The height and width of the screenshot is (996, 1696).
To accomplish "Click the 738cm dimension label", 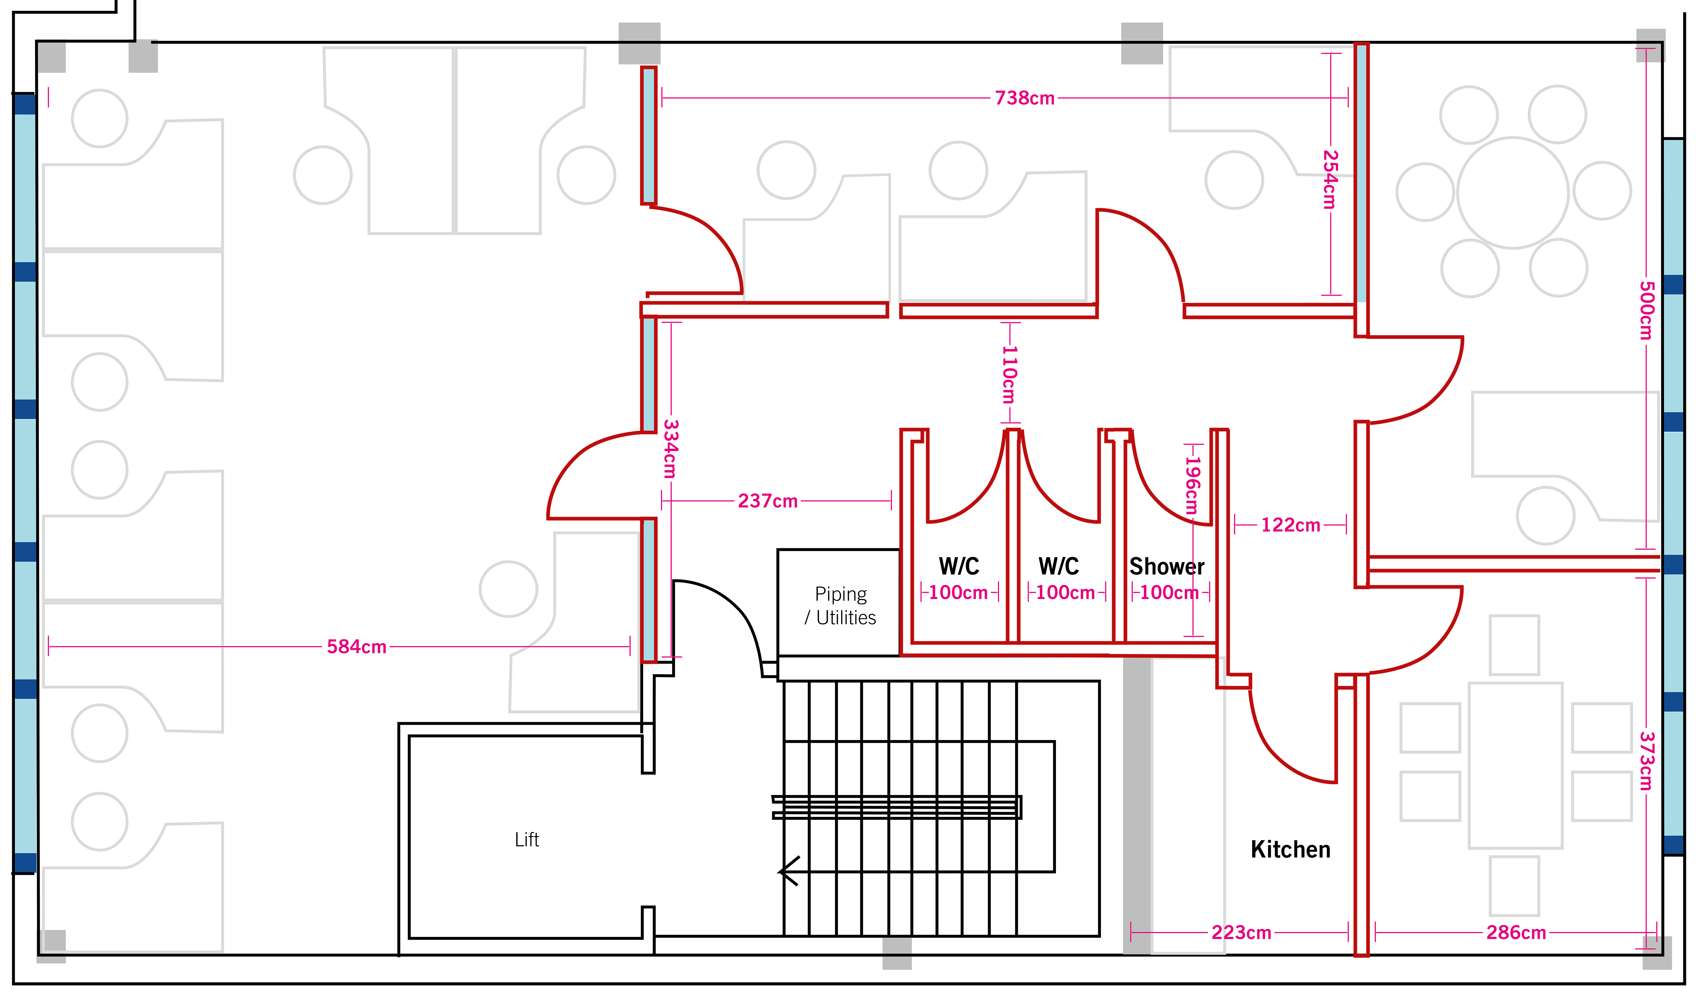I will (x=1024, y=98).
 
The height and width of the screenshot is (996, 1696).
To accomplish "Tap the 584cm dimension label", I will (x=357, y=647).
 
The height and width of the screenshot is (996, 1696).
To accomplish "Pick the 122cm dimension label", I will (x=1290, y=525).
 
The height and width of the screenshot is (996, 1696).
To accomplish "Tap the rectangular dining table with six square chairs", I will (x=1515, y=765).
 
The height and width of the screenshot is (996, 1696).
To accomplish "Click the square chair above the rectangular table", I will (x=1514, y=645).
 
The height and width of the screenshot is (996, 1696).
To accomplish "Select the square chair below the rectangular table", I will (x=1514, y=886).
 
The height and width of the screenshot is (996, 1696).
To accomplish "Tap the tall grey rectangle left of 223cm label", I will (x=1137, y=805).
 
